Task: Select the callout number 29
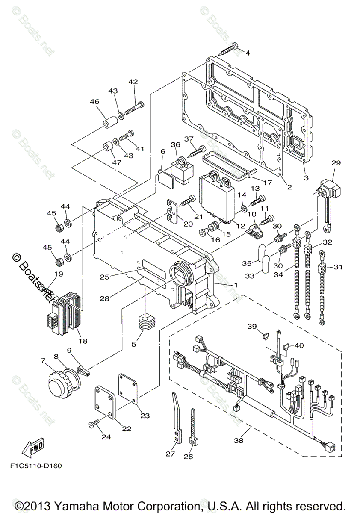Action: point(336,163)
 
